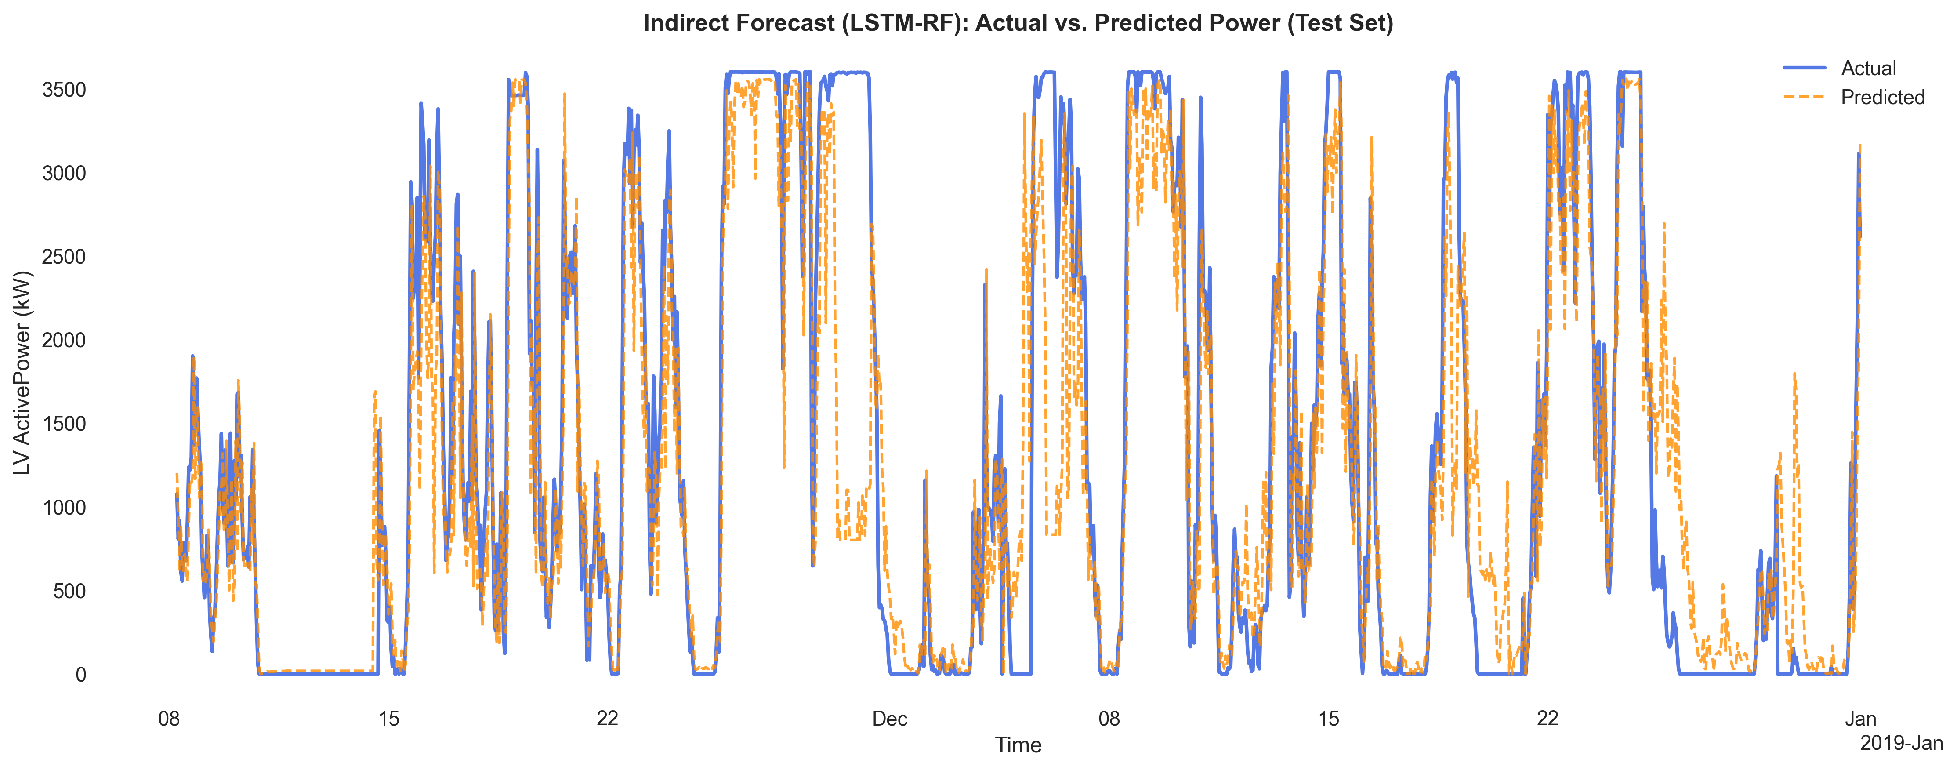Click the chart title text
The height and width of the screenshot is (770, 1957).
click(1018, 23)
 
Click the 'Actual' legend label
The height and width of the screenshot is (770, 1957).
click(1868, 69)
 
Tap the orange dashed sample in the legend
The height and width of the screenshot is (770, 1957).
click(1804, 97)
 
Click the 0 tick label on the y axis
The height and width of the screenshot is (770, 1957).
click(80, 675)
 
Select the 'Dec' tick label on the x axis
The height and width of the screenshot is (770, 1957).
click(890, 719)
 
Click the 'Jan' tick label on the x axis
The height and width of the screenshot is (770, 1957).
click(1860, 719)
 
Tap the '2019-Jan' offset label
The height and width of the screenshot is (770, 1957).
click(1901, 743)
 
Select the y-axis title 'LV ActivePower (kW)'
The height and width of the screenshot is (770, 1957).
click(23, 372)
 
